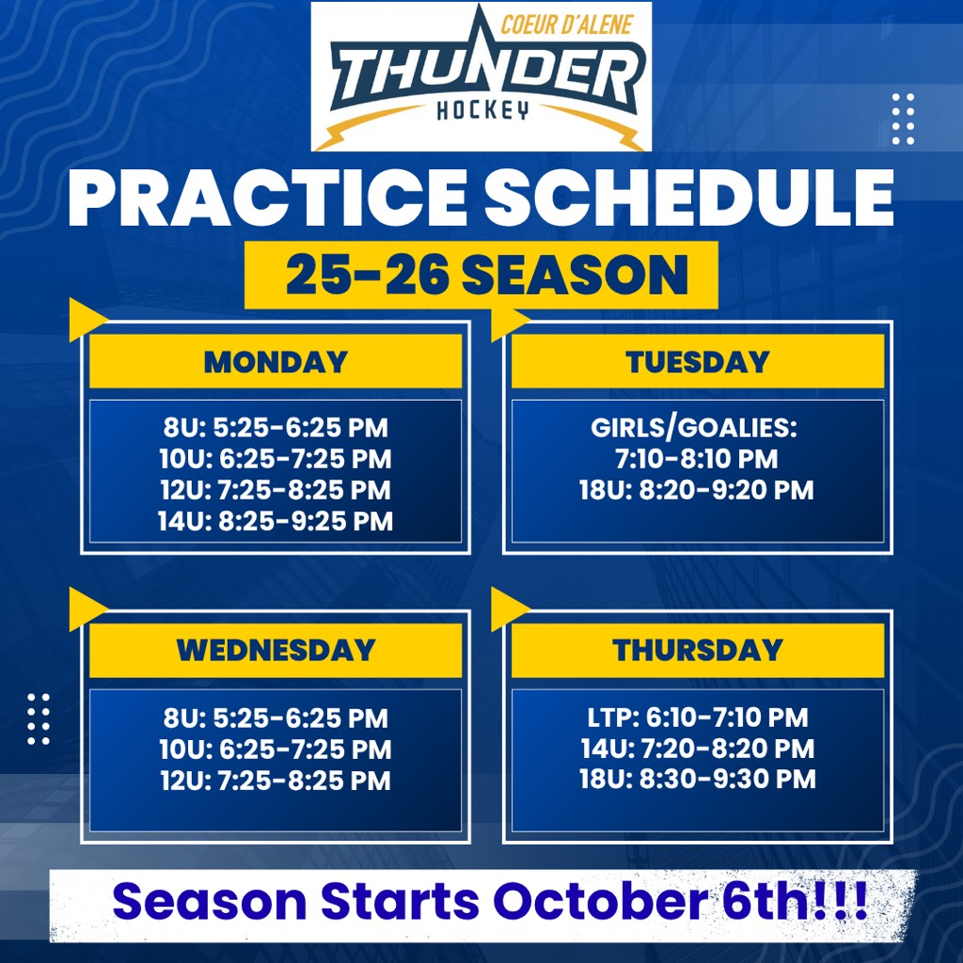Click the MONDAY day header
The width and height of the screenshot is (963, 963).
click(x=276, y=361)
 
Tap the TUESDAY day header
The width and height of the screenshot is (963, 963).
click(x=698, y=361)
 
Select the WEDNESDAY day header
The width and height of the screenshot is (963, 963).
click(x=276, y=651)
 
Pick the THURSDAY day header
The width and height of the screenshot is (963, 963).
click(x=698, y=651)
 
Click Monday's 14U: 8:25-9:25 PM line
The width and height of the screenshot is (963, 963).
click(x=276, y=521)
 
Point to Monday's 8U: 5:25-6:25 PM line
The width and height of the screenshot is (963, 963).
click(x=276, y=428)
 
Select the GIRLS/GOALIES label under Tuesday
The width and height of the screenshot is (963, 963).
click(x=694, y=428)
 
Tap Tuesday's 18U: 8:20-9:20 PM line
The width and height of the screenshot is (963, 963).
click(x=697, y=490)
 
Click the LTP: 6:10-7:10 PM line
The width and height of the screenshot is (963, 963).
click(x=698, y=718)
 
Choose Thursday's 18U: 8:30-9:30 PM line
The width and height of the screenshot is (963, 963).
click(x=698, y=779)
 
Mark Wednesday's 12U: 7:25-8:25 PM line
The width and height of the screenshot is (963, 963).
click(x=276, y=781)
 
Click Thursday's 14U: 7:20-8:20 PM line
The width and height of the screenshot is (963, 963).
click(x=698, y=748)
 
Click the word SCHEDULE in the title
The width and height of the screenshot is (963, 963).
click(x=689, y=197)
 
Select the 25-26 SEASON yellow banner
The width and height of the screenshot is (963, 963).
click(x=481, y=276)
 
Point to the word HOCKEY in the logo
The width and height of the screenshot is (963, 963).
click(x=482, y=111)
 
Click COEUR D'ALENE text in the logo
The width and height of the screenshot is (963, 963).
click(x=567, y=25)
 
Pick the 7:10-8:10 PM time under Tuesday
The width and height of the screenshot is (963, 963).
click(x=697, y=459)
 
